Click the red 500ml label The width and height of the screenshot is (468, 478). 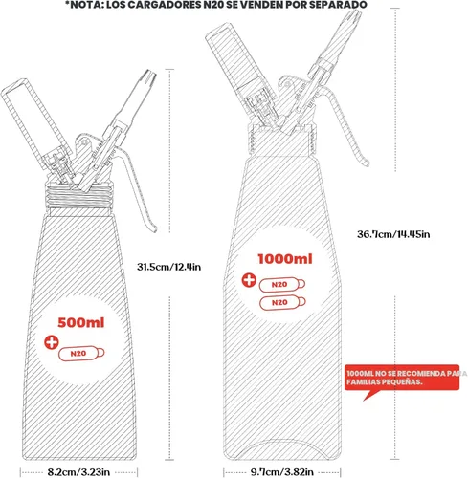click(x=81, y=322)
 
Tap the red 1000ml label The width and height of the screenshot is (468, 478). click(x=285, y=259)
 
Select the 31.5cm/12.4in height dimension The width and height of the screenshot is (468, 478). click(x=169, y=267)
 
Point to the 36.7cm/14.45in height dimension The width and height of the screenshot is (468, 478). click(x=393, y=234)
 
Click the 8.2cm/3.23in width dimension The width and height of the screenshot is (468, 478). click(x=78, y=472)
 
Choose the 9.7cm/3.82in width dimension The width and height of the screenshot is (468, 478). click(x=282, y=471)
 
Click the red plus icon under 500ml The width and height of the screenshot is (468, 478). click(x=52, y=342)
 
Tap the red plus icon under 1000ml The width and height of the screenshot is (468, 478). click(x=249, y=280)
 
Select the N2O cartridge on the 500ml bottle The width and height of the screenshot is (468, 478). click(x=81, y=353)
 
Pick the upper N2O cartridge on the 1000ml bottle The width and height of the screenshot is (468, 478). click(x=282, y=285)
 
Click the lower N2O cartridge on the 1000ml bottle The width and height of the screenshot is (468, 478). click(x=282, y=302)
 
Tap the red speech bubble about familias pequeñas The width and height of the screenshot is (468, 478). click(x=402, y=379)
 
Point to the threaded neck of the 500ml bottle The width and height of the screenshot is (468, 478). click(x=79, y=196)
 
